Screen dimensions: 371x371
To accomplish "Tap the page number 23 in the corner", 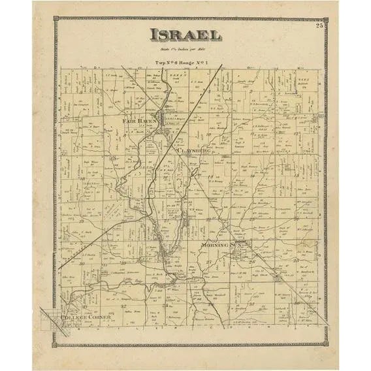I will point(319,26).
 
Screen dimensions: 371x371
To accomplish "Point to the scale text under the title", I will point(185,49).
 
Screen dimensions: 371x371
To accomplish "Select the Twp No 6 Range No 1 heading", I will point(185,61).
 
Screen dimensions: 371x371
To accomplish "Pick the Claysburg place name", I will point(197,150).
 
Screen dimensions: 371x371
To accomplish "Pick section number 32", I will point(123,304).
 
